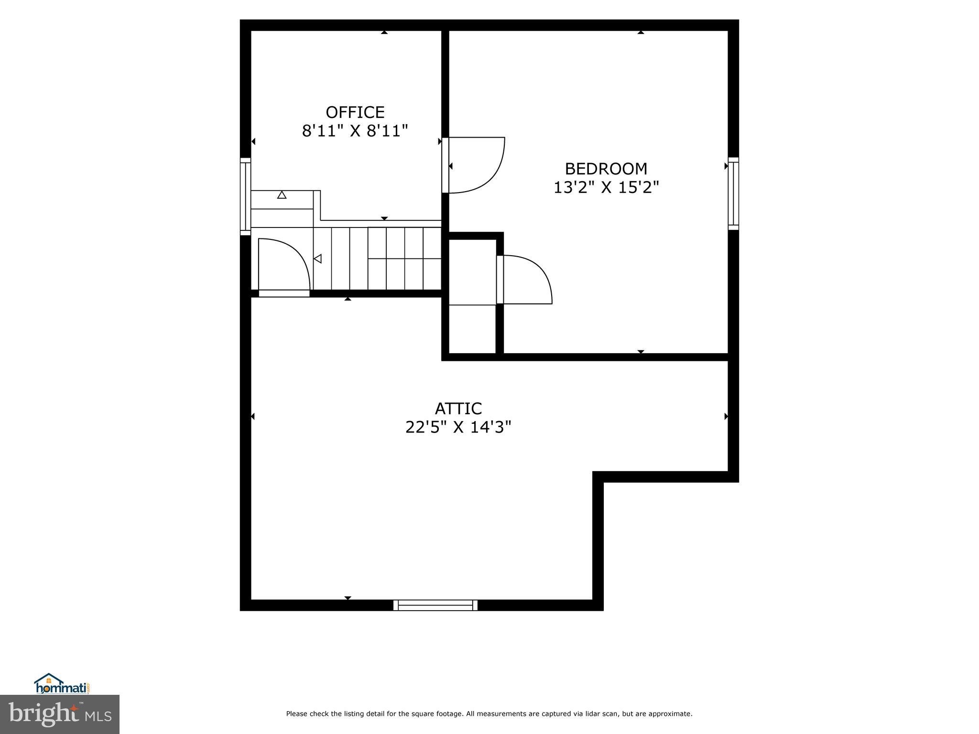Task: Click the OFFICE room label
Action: pyautogui.click(x=355, y=112)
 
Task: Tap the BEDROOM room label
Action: pyautogui.click(x=606, y=169)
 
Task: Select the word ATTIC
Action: pyautogui.click(x=458, y=409)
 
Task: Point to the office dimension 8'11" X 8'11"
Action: pyautogui.click(x=355, y=131)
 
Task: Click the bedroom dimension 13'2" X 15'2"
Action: pyautogui.click(x=606, y=187)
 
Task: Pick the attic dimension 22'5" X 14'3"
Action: pyautogui.click(x=458, y=427)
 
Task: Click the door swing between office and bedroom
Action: pyautogui.click(x=476, y=165)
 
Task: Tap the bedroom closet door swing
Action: pyautogui.click(x=526, y=280)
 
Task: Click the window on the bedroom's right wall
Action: pyautogui.click(x=733, y=194)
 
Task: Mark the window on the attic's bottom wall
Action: pyautogui.click(x=435, y=605)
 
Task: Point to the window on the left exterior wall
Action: pyautogui.click(x=245, y=196)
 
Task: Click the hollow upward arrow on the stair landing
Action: pyautogui.click(x=282, y=195)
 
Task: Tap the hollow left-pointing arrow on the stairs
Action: pyautogui.click(x=317, y=259)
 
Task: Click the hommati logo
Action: pyautogui.click(x=61, y=684)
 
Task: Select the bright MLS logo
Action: pyautogui.click(x=60, y=714)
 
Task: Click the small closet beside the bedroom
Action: pyautogui.click(x=472, y=296)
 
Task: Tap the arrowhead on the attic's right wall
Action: pyautogui.click(x=726, y=417)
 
